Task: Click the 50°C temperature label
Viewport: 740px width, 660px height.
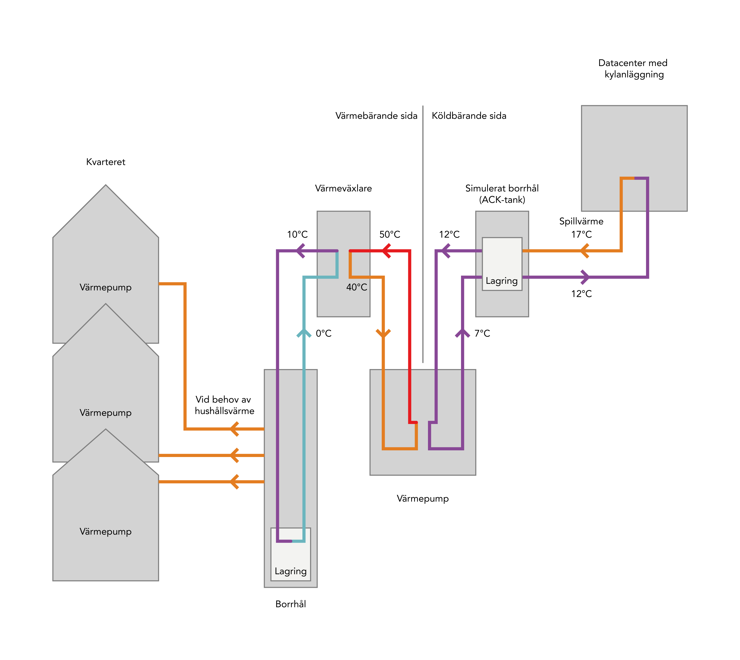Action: (389, 235)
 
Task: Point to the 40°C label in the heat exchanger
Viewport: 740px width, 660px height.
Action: (357, 287)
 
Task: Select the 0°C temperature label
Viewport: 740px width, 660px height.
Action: (324, 333)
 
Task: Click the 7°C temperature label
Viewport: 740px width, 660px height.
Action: (482, 333)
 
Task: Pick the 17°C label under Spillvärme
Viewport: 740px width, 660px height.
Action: (581, 235)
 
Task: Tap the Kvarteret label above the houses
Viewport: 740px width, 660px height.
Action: (106, 162)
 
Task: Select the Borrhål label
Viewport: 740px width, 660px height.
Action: (291, 604)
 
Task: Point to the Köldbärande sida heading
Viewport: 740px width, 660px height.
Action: (469, 116)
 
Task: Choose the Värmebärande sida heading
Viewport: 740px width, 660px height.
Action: (376, 116)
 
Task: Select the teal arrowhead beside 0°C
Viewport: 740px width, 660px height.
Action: (304, 333)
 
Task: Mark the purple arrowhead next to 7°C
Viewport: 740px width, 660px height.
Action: (462, 333)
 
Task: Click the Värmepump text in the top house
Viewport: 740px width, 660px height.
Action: (106, 288)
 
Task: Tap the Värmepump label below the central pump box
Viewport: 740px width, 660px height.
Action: (423, 499)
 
